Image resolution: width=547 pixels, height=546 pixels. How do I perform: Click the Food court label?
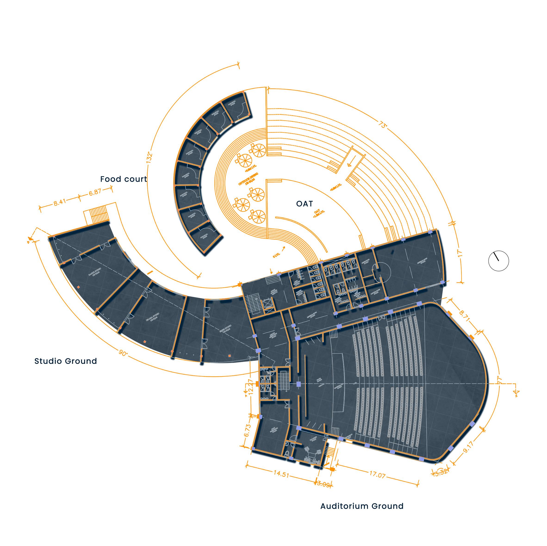point(124,179)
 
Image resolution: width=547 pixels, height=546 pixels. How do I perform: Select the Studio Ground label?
point(66,361)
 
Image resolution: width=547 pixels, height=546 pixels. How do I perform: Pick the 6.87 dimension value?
point(95,192)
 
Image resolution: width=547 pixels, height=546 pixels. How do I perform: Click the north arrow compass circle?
point(499,261)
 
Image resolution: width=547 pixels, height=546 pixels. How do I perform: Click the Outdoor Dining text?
point(248,179)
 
